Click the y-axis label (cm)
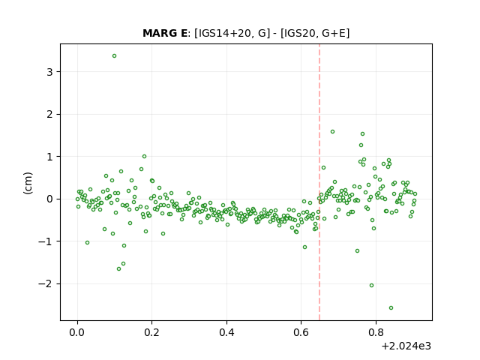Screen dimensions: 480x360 click(x=28, y=183)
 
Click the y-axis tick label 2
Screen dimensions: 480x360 click(x=49, y=114)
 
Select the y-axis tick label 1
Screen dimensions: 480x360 click(x=49, y=157)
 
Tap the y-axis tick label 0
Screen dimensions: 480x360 click(x=49, y=199)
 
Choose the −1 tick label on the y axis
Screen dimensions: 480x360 click(x=45, y=241)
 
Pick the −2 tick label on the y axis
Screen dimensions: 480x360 click(x=45, y=283)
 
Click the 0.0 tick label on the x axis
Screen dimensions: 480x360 click(x=77, y=332)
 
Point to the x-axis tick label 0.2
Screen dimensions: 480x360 click(x=151, y=332)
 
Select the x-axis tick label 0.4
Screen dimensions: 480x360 click(x=226, y=332)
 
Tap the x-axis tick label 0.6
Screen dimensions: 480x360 click(x=301, y=332)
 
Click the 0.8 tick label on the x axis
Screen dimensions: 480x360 click(x=376, y=332)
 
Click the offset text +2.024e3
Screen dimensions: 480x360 click(x=406, y=346)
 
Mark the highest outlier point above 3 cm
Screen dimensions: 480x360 click(x=114, y=56)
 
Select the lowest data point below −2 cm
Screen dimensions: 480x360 click(x=391, y=308)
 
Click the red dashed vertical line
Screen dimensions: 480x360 click(x=319, y=182)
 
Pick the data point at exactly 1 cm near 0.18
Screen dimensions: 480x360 click(x=144, y=157)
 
